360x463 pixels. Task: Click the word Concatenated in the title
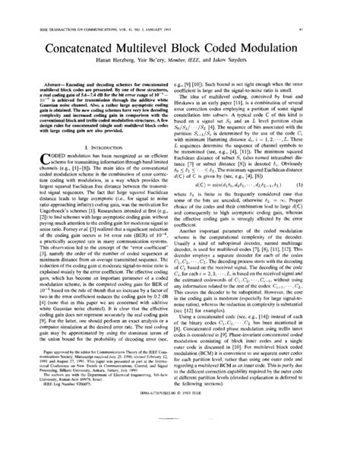click(x=79, y=34)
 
